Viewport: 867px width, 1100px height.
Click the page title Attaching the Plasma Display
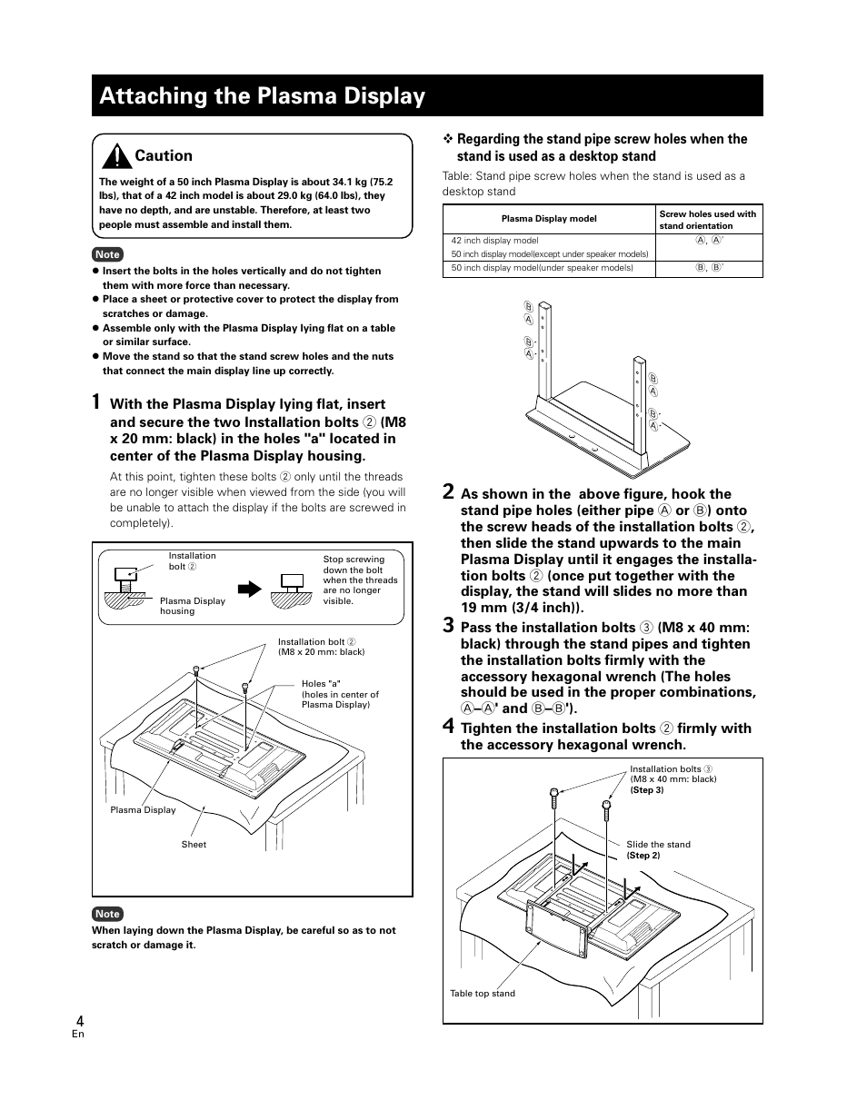pos(263,96)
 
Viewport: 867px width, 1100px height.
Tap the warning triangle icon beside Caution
pos(116,156)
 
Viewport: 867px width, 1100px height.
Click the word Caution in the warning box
pos(164,155)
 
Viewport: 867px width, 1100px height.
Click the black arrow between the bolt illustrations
pos(250,590)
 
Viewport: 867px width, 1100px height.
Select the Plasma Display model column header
pos(549,219)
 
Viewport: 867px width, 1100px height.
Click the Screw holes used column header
pos(707,220)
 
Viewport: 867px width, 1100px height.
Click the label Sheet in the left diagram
pos(194,845)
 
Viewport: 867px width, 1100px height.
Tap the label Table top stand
pos(483,994)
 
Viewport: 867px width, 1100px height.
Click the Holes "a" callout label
pos(340,694)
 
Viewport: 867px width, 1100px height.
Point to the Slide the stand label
pos(658,845)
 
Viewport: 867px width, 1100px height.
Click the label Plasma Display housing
pos(193,606)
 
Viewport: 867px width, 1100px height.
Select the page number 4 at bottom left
pos(80,1021)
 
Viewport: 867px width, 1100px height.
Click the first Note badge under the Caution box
pos(107,254)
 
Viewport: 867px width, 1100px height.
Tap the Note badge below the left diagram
pos(107,914)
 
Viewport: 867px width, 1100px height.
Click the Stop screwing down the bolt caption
pos(360,580)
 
